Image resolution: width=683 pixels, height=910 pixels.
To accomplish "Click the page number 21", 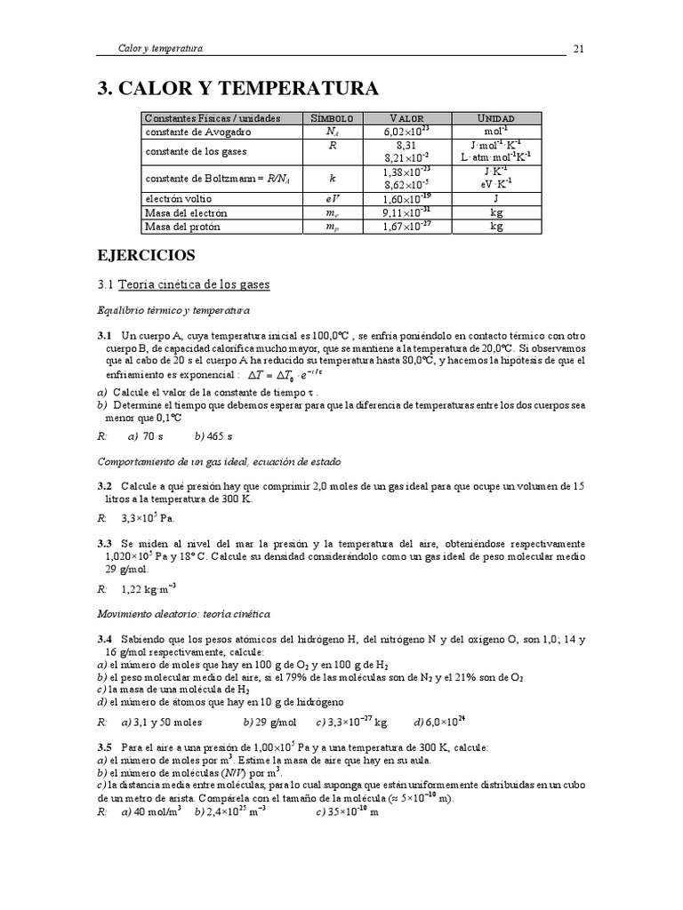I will click(x=578, y=48).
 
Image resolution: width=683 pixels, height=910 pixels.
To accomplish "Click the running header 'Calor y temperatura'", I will click(x=161, y=48).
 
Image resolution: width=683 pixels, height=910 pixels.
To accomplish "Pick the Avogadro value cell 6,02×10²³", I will click(x=406, y=132).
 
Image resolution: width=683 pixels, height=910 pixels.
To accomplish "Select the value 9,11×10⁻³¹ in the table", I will click(x=406, y=213).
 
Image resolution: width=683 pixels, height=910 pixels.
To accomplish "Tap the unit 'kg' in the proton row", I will click(x=495, y=227).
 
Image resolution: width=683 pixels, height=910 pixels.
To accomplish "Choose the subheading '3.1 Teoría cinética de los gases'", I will click(x=183, y=284).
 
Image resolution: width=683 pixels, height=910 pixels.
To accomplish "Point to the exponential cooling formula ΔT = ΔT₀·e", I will click(x=290, y=377).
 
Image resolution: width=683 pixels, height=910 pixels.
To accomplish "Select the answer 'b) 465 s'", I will click(x=213, y=436).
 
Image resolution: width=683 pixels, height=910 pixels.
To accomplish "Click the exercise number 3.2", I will click(x=105, y=486).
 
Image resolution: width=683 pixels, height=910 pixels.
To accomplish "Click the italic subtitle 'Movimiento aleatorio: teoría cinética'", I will click(x=182, y=613).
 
